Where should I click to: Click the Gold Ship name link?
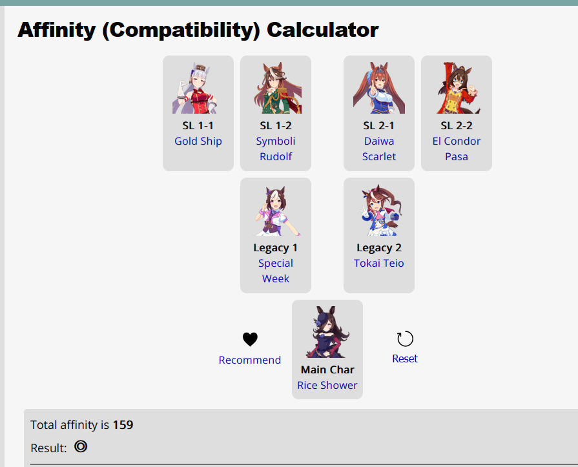click(198, 141)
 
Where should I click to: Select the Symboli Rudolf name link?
click(276, 149)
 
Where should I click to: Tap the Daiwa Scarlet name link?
click(379, 149)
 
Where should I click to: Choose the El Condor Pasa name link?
click(457, 149)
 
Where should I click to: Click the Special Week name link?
click(276, 271)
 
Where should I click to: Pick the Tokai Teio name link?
click(379, 263)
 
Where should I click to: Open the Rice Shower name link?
click(327, 385)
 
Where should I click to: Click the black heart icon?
click(250, 339)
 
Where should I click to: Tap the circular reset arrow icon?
click(405, 338)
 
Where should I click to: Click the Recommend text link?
click(250, 360)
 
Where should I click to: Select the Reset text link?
click(405, 358)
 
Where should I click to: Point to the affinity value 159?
click(123, 424)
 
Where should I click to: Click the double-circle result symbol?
click(81, 446)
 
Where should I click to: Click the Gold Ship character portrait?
click(194, 88)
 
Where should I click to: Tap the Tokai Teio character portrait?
click(381, 210)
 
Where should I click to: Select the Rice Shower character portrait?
click(327, 332)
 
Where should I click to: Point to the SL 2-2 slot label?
click(457, 126)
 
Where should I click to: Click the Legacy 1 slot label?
click(275, 247)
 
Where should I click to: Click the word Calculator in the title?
click(322, 30)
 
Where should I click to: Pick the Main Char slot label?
click(327, 369)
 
